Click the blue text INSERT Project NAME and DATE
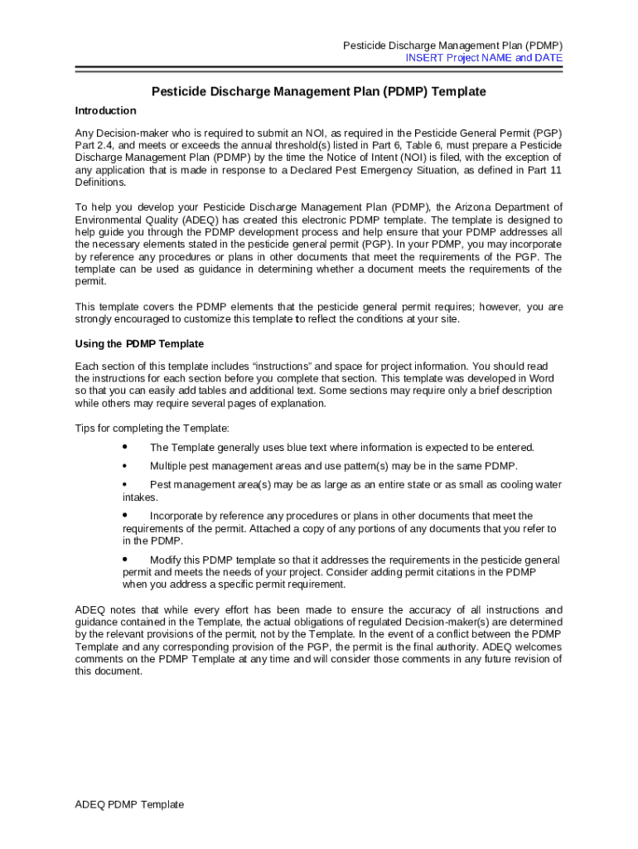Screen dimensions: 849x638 coord(484,58)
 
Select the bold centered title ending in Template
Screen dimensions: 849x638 coord(318,92)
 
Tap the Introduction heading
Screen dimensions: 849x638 coord(105,111)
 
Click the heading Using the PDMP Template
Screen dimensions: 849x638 coord(139,344)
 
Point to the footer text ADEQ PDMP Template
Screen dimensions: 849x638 coord(129,804)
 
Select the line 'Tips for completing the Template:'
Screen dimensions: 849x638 coord(152,429)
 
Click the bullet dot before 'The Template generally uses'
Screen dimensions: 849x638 coord(125,447)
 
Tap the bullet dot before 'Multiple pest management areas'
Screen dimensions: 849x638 coord(125,466)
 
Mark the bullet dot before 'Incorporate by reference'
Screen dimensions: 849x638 coord(125,516)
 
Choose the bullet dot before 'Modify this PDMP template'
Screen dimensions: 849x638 coord(125,560)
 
